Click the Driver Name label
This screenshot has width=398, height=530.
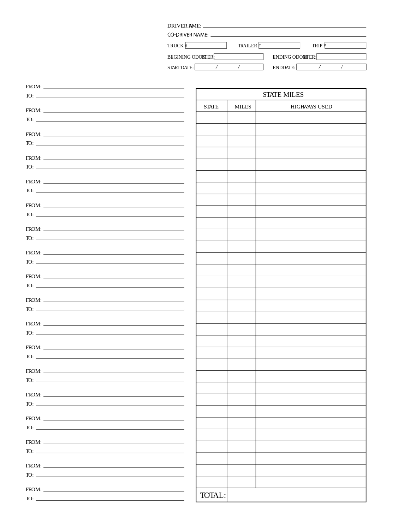tap(184, 26)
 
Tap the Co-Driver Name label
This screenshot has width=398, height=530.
tap(188, 35)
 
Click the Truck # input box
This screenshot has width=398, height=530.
tap(206, 46)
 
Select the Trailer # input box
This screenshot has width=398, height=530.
tap(279, 46)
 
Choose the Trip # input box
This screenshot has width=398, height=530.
tap(345, 46)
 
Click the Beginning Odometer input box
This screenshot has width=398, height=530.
tap(238, 57)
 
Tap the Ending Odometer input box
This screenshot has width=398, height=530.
tap(341, 57)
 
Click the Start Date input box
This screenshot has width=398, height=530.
tap(229, 67)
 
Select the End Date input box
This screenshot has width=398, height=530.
tap(331, 67)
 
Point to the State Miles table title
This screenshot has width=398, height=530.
tap(283, 95)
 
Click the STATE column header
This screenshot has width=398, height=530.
tap(211, 107)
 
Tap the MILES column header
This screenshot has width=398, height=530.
tap(243, 107)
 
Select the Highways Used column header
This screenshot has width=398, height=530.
tap(311, 107)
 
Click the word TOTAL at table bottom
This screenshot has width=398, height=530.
tap(213, 495)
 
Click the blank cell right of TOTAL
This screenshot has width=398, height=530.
tap(296, 495)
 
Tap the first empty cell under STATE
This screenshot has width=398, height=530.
tap(212, 118)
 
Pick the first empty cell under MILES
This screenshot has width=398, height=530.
tap(241, 118)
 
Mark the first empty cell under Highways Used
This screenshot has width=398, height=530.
tap(311, 118)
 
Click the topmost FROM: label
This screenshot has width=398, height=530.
tap(34, 87)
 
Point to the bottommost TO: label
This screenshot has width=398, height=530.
tap(30, 499)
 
